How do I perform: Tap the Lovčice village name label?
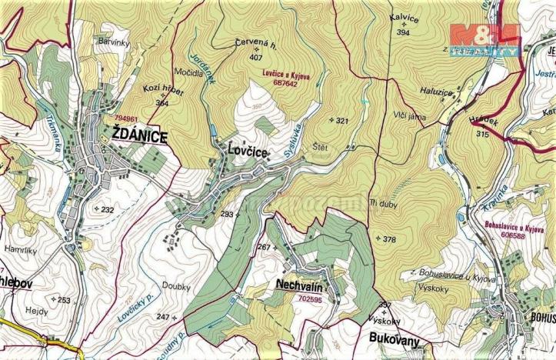tap(245, 152)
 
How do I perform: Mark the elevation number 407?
tap(258, 56)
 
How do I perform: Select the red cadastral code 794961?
tap(125, 118)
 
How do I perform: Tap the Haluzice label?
tap(416, 89)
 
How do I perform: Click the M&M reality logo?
tap(484, 38)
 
